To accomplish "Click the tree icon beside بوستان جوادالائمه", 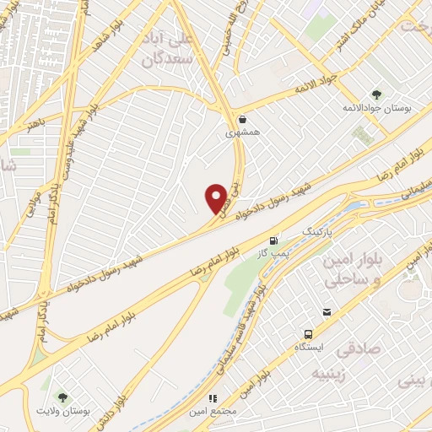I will point(376,94).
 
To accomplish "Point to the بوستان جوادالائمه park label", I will point(376,110).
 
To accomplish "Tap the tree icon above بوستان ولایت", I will point(62,397).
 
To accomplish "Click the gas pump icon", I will point(273,240).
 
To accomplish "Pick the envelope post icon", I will point(327,312).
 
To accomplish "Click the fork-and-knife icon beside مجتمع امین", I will point(213,397).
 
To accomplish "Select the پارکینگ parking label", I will point(318,230).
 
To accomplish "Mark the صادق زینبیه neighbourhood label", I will point(358,359).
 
